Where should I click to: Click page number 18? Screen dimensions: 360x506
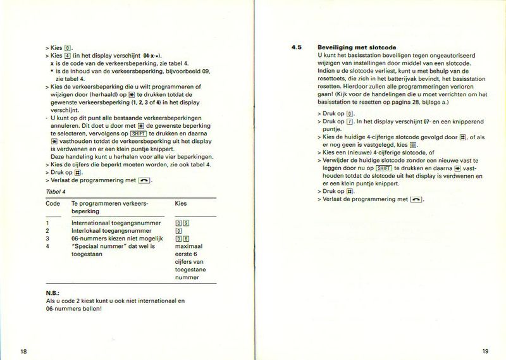[23, 352]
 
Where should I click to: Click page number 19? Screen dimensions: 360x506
[485, 352]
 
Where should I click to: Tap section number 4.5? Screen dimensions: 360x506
[297, 47]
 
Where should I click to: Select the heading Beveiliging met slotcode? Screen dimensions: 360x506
[352, 47]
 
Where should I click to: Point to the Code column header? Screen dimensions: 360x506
[53, 204]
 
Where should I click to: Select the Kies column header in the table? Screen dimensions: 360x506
[181, 204]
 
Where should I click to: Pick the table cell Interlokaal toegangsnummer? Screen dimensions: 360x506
[111, 231]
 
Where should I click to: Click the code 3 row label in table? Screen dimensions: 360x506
[48, 239]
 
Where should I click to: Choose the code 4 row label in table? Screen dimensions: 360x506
[48, 246]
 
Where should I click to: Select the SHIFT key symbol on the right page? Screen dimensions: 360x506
[384, 168]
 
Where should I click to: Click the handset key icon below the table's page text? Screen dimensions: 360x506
[145, 180]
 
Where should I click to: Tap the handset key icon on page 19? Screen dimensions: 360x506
[416, 199]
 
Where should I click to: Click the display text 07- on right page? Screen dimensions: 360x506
[411, 121]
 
